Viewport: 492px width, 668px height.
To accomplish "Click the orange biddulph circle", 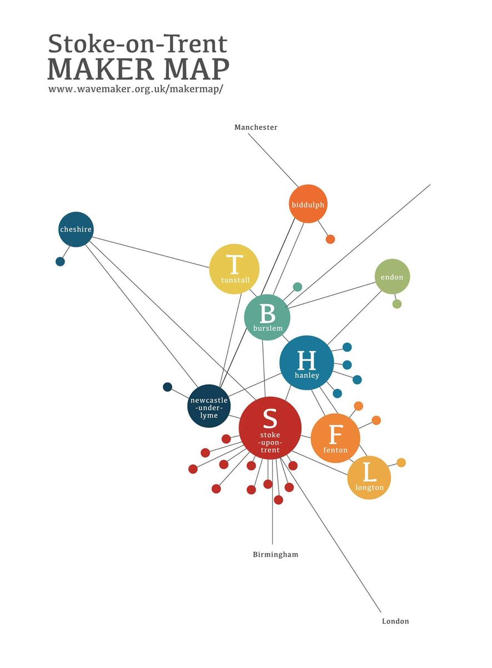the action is coord(308,204).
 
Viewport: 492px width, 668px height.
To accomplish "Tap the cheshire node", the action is coord(76,229).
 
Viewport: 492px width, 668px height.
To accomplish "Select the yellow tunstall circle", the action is coord(234,269).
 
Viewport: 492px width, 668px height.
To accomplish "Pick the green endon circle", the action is coord(392,277).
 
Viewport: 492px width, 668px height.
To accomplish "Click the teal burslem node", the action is coord(267,317).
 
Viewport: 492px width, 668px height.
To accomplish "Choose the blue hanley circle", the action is coord(307,362).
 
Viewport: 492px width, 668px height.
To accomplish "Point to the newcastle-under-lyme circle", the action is coord(209,406).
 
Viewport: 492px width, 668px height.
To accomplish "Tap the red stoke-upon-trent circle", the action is coord(270,428).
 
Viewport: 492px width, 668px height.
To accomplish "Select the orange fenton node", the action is coord(335,438).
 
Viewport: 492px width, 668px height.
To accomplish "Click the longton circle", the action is coord(369,478).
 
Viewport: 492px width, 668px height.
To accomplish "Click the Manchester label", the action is coord(256,127).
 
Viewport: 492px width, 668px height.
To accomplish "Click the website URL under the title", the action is coord(136,89).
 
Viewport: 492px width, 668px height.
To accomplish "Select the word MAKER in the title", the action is coord(101,69).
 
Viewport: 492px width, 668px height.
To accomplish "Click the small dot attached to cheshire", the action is coord(60,262).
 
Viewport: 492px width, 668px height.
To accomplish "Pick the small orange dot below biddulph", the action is coord(330,239).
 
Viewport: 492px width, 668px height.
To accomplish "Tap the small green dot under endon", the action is coord(397,304).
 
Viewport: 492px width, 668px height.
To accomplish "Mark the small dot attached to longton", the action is coord(401,463).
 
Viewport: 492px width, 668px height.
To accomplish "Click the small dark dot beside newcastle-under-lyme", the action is coord(167,387).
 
